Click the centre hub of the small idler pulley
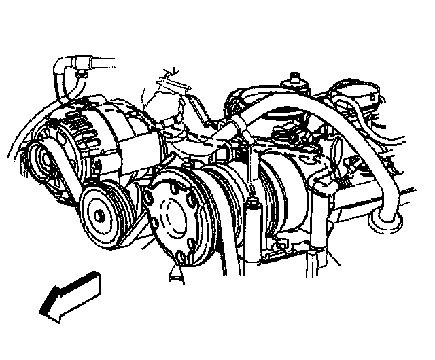100,215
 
